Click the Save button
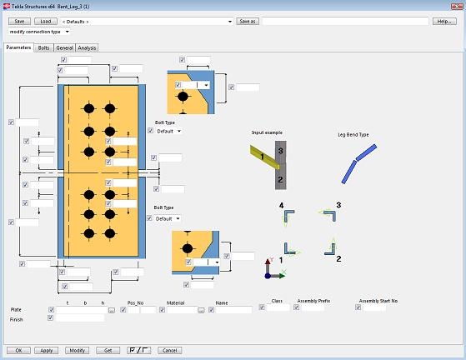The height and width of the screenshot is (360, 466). click(x=19, y=22)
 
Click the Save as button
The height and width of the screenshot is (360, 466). click(x=248, y=22)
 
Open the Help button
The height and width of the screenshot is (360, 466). click(x=444, y=22)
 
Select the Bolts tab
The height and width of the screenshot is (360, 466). click(x=43, y=47)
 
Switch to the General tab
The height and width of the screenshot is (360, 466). click(x=64, y=47)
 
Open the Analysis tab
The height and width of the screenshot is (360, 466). click(x=87, y=47)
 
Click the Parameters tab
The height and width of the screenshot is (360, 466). click(x=18, y=47)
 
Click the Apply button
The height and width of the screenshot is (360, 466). click(x=47, y=351)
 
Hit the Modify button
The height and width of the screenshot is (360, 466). click(x=78, y=351)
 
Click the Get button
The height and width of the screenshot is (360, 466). click(x=108, y=351)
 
